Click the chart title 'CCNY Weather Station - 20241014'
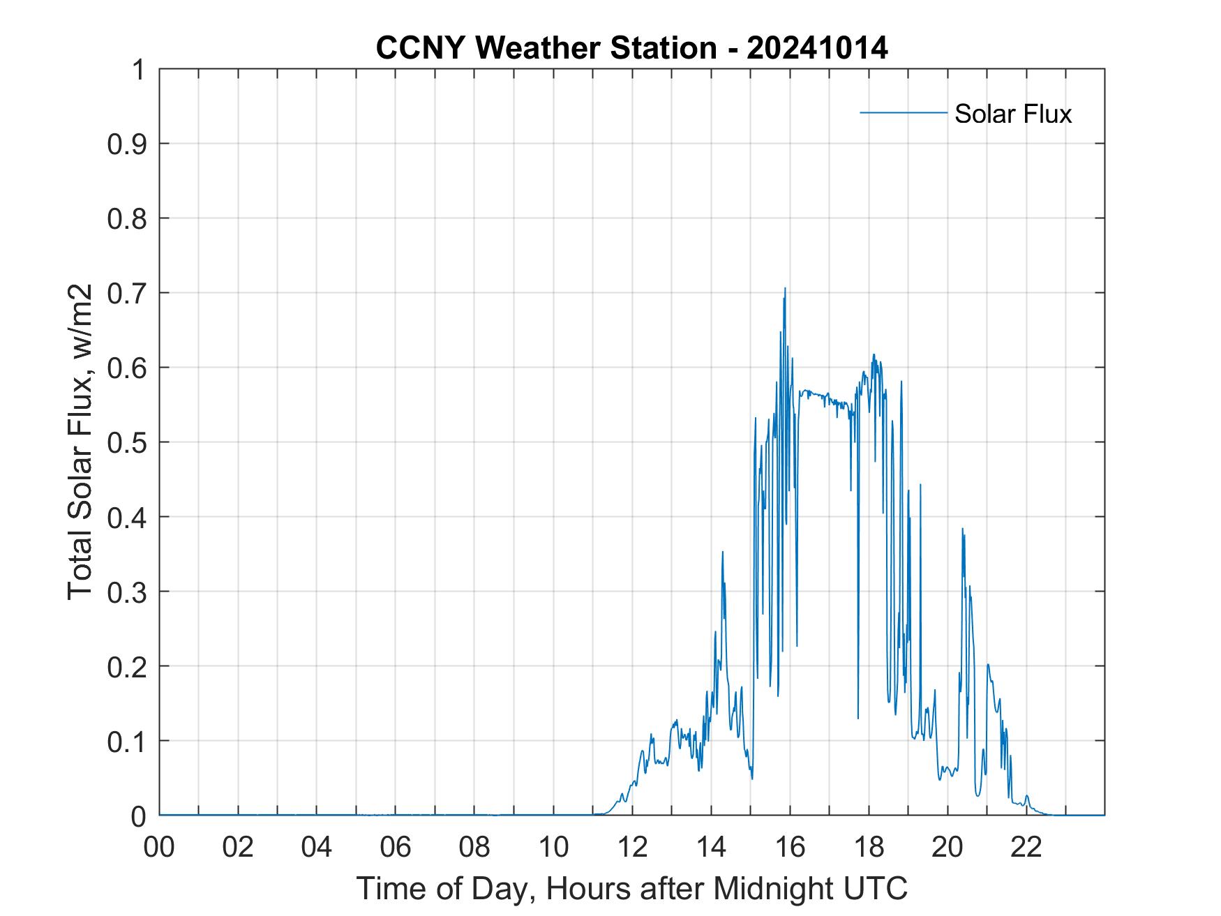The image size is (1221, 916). (631, 48)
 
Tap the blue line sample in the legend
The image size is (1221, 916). (903, 112)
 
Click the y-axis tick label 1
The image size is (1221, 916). (139, 70)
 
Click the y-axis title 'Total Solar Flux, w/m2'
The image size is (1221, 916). (80, 442)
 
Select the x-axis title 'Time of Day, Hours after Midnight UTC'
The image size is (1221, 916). (631, 889)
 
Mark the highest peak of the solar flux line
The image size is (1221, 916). (785, 288)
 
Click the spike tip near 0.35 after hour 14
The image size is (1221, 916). (722, 552)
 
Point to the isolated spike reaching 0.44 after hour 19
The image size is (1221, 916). (920, 484)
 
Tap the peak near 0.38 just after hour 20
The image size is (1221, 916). (962, 529)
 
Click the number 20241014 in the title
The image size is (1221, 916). (817, 48)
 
